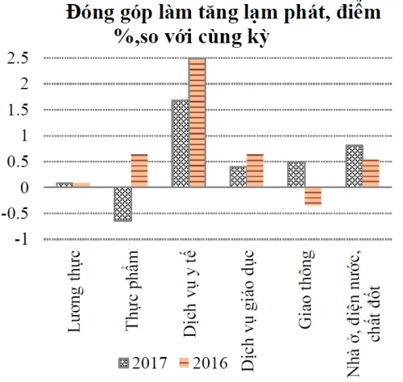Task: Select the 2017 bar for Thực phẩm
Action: (123, 204)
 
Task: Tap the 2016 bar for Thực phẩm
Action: (139, 170)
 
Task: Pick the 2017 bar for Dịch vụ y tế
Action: (181, 144)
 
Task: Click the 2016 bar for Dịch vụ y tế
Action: (197, 123)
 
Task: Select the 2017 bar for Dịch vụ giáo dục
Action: (238, 177)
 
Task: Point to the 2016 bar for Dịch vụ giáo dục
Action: (256, 170)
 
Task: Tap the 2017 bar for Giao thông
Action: (296, 174)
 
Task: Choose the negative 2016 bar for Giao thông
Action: (313, 196)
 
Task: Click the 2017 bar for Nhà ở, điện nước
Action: (354, 166)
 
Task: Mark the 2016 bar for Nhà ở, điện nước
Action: (371, 173)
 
